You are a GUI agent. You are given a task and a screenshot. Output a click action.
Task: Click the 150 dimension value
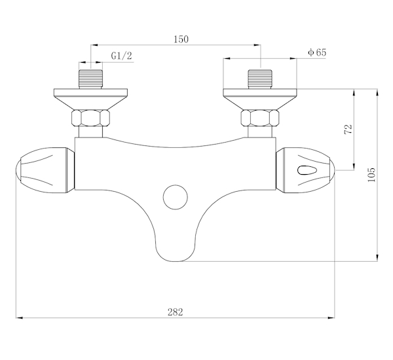tap(181, 39)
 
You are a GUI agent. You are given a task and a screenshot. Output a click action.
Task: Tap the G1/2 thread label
tap(121, 56)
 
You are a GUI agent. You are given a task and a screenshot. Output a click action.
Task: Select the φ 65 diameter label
tap(317, 52)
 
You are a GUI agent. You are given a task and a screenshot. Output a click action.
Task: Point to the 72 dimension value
tap(348, 129)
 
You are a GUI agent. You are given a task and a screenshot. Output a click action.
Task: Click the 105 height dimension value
tap(371, 175)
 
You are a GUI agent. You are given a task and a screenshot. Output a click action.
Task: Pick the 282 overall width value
tap(175, 312)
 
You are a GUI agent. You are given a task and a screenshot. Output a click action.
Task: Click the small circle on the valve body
tap(175, 197)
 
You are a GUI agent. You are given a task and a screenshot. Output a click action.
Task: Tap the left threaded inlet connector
tap(91, 79)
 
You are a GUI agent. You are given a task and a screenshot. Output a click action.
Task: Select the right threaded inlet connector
tap(260, 79)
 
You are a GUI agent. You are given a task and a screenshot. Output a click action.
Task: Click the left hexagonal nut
tap(91, 118)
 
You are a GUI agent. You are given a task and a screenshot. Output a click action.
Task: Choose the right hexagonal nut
tap(260, 118)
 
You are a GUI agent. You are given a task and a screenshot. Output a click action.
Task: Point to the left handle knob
tap(45, 170)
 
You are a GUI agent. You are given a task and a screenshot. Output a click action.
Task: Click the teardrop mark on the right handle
tap(307, 170)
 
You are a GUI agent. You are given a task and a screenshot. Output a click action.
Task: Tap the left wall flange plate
tap(91, 99)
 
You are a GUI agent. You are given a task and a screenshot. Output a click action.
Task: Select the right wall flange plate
tap(260, 99)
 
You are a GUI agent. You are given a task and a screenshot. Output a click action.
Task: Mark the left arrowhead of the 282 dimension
tap(19, 318)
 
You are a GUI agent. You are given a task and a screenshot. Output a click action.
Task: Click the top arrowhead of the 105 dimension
tap(377, 92)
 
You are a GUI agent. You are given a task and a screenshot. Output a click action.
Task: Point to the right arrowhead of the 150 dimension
tap(257, 45)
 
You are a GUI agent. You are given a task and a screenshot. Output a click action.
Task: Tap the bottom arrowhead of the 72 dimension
tap(354, 167)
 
